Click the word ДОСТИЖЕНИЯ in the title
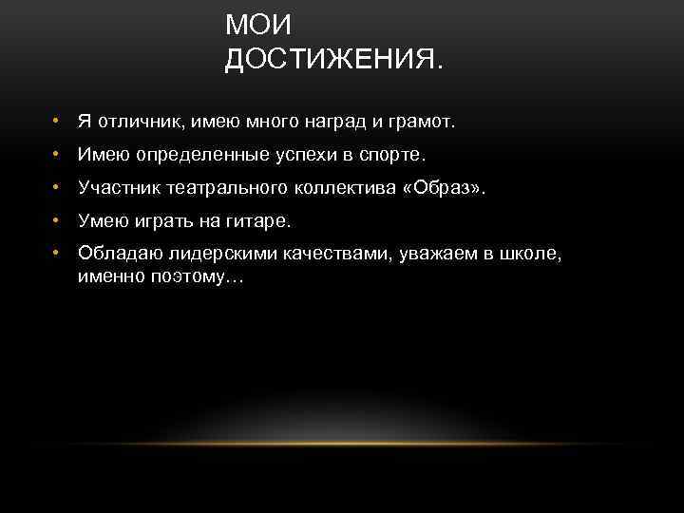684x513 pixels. [332, 60]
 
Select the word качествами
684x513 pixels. [311, 254]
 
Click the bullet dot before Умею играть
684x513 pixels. [57, 220]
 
